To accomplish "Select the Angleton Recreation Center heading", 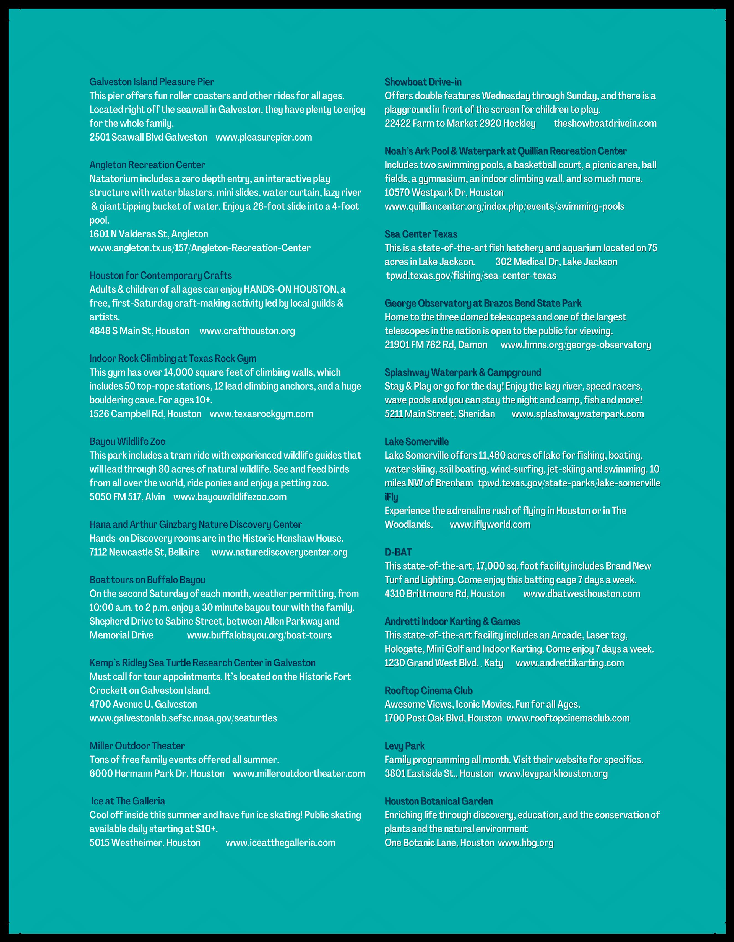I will [147, 165].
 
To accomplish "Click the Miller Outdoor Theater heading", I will [137, 746].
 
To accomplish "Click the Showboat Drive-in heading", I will [423, 82].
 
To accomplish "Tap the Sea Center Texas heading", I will [421, 234].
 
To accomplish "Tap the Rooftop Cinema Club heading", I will [428, 690].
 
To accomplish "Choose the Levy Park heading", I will [404, 746].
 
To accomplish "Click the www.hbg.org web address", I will [525, 842].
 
